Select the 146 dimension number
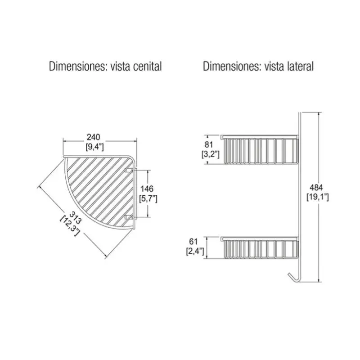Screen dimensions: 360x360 (148, 189)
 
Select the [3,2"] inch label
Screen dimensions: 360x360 (211, 154)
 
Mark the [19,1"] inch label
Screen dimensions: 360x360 (318, 197)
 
